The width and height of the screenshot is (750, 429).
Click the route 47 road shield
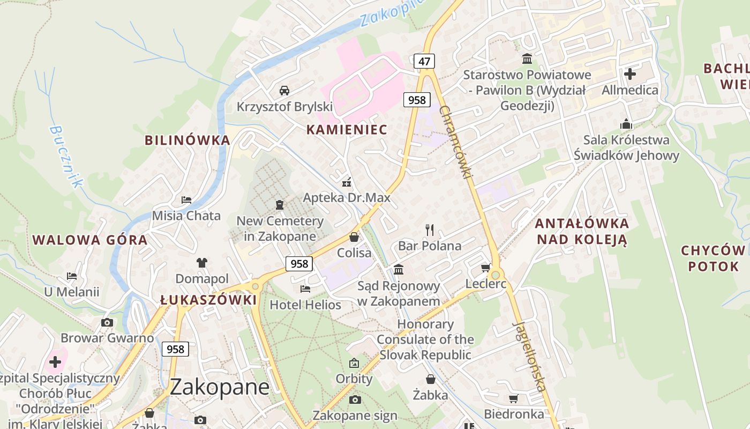coord(424,61)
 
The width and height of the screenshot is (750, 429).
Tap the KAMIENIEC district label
coord(347,129)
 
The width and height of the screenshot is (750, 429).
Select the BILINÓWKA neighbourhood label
coord(187,140)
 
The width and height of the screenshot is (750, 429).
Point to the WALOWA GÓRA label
coord(90,240)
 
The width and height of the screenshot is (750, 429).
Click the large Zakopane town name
coord(220,387)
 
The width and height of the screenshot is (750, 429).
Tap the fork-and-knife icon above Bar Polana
coord(429,230)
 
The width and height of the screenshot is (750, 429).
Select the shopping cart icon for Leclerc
coord(485,268)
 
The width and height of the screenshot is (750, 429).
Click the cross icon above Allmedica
coord(629,73)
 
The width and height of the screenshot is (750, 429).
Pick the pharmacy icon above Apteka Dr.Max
coord(347,182)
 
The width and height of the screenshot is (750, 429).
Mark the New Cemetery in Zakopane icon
coord(279,205)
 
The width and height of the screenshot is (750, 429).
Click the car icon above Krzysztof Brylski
coord(284,90)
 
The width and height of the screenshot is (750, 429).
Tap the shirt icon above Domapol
coord(201,262)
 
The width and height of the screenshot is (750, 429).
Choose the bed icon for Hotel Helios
coord(305,289)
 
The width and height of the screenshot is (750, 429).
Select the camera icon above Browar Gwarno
coord(107,322)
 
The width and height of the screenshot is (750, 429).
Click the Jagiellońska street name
coord(530,356)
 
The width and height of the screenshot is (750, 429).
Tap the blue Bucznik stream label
coord(66,157)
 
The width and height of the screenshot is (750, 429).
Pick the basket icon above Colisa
coord(354,236)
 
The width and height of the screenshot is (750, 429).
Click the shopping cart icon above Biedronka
coord(513,398)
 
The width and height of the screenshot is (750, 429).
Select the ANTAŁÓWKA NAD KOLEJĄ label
coord(582,231)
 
